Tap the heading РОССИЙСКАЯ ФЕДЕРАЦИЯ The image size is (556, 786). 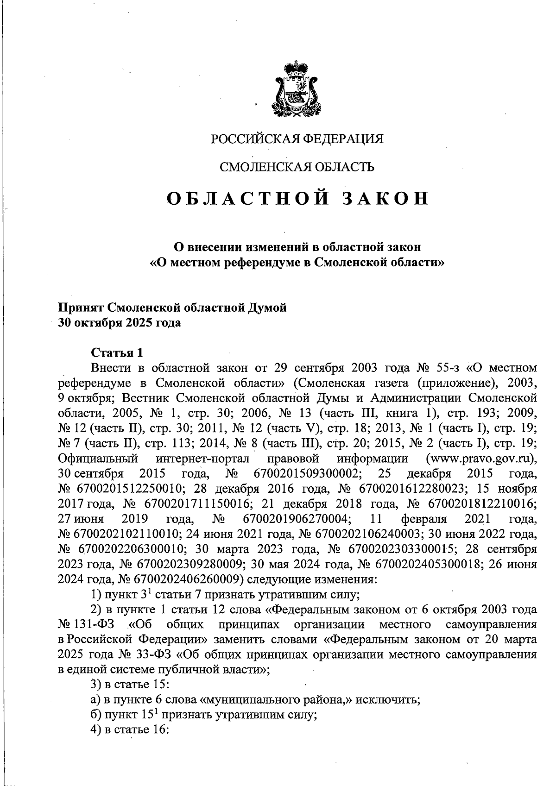click(x=297, y=139)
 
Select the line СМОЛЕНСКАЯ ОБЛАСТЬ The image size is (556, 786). click(x=297, y=167)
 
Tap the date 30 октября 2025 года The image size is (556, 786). click(x=119, y=323)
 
